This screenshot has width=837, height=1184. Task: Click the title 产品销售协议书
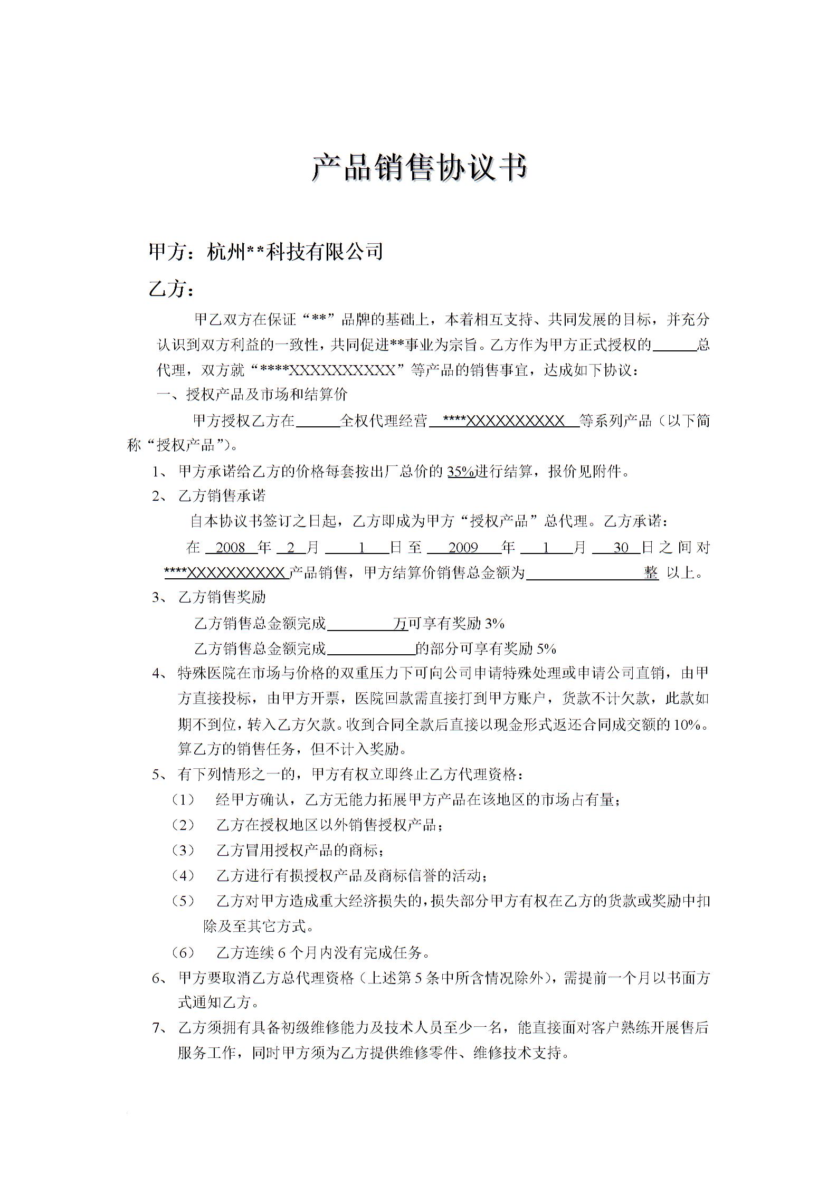[x=419, y=168]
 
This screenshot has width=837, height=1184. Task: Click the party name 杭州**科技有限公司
[x=294, y=252]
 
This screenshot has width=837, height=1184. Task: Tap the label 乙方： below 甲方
[x=172, y=289]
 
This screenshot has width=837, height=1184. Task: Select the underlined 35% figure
[x=461, y=471]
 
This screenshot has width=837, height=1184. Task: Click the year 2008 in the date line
[x=231, y=548]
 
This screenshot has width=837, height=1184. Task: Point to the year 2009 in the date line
[x=463, y=548]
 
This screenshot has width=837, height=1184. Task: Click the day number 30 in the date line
[x=621, y=548]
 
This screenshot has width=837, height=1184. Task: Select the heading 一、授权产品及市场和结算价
[x=252, y=395]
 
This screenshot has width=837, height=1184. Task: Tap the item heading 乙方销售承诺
[x=222, y=496]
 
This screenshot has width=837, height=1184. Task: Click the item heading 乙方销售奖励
[x=222, y=597]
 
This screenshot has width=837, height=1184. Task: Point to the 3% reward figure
[x=494, y=624]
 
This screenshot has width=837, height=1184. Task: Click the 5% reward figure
[x=546, y=648]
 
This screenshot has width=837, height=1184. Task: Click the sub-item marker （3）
[x=183, y=851]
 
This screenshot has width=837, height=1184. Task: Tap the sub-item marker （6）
[x=183, y=952]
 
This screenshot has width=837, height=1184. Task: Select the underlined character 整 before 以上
[x=651, y=573]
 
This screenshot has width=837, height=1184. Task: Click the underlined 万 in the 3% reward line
[x=401, y=624]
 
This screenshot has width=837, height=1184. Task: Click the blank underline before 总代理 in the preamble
[x=674, y=346]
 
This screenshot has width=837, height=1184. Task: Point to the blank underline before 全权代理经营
[x=317, y=421]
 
